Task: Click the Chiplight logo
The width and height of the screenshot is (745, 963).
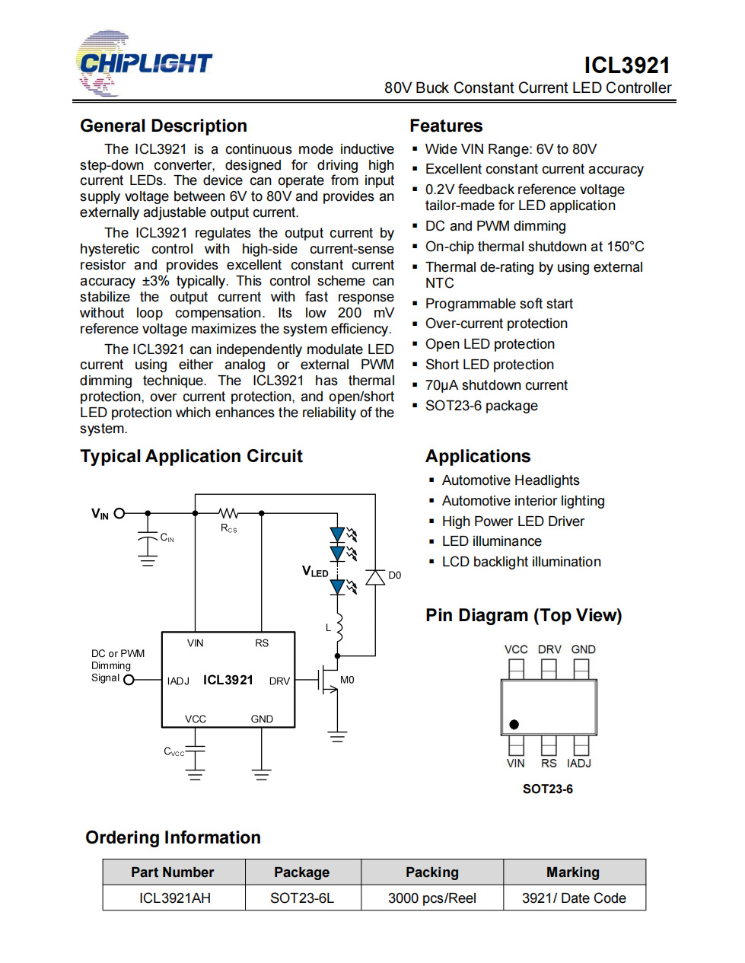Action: [x=145, y=63]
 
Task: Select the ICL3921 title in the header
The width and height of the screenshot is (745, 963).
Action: [x=626, y=65]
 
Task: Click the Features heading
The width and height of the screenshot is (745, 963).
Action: [x=446, y=126]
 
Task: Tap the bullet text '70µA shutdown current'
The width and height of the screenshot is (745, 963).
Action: [x=496, y=384]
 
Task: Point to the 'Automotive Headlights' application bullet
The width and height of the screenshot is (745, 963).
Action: [x=511, y=480]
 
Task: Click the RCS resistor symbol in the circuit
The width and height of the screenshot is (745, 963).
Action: [x=228, y=513]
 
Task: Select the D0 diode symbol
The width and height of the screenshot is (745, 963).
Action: [x=374, y=577]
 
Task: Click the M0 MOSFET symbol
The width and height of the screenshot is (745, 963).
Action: [x=328, y=679]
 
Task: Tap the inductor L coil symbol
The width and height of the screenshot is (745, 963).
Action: [x=339, y=627]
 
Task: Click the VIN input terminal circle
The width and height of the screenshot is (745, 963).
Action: [x=119, y=513]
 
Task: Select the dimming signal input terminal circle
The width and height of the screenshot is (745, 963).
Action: [x=129, y=679]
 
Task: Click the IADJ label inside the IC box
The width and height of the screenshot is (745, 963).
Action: [x=178, y=681]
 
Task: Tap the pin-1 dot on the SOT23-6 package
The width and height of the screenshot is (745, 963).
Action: [x=514, y=724]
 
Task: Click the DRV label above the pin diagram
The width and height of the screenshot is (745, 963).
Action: [x=549, y=649]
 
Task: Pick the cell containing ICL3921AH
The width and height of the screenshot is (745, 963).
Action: [x=174, y=898]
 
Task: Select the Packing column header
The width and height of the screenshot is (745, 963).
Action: [x=431, y=872]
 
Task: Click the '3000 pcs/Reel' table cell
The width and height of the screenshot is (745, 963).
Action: [x=431, y=898]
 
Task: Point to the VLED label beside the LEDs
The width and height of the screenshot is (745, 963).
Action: [x=315, y=571]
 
